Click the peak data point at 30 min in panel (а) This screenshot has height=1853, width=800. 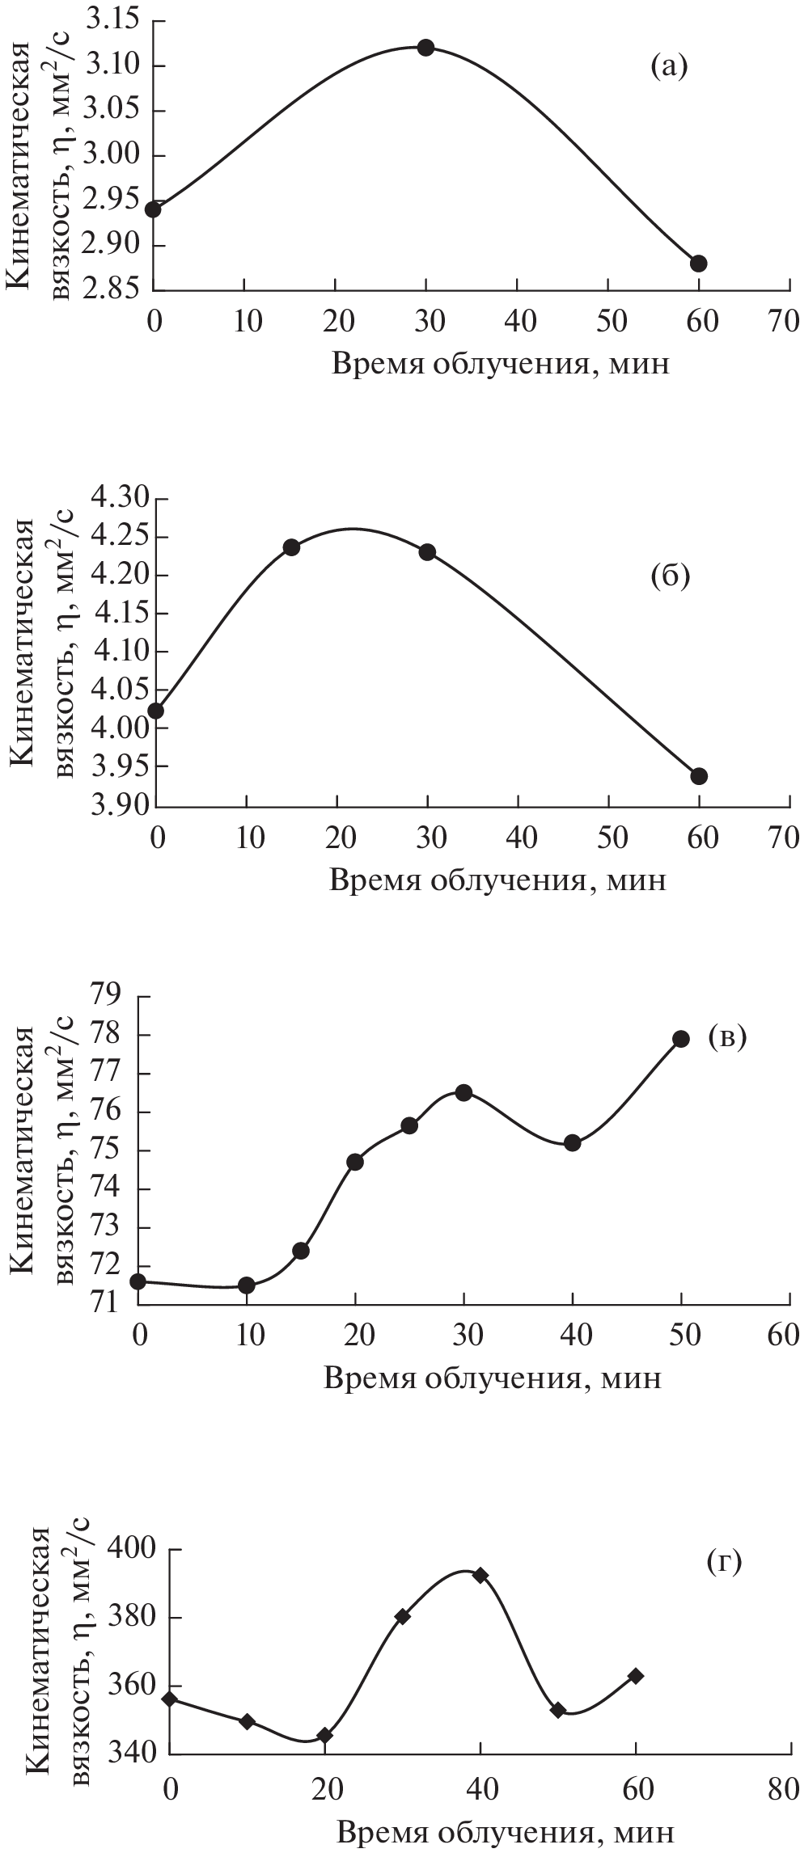click(x=425, y=48)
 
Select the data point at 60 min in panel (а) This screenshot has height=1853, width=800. click(x=699, y=264)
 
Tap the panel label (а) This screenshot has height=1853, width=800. click(x=669, y=67)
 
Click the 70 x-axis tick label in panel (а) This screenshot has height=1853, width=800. click(x=783, y=321)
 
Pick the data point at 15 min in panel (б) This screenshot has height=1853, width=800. click(x=292, y=547)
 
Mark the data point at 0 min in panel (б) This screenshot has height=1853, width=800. click(x=155, y=711)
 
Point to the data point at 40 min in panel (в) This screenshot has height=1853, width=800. click(x=573, y=1143)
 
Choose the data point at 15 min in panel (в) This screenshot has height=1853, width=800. click(x=301, y=1251)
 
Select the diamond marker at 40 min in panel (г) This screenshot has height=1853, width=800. click(x=480, y=1575)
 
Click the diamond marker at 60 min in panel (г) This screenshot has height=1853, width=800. click(x=636, y=1676)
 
